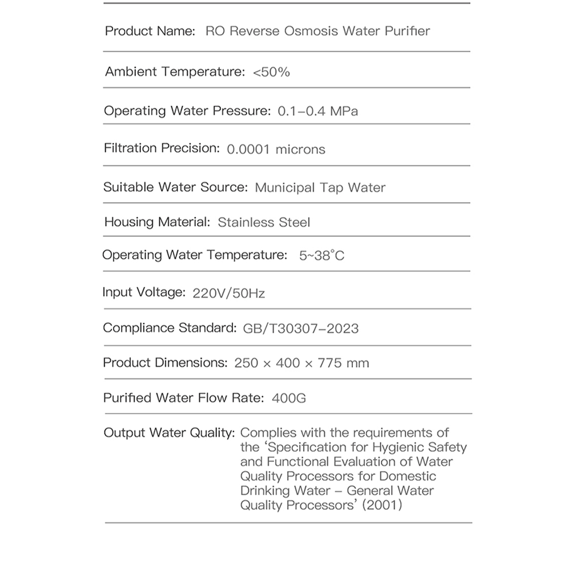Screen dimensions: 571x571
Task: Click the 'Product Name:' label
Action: point(150,31)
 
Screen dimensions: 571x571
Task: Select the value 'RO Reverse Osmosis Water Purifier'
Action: point(317,31)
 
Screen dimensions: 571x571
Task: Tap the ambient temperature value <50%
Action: point(271,72)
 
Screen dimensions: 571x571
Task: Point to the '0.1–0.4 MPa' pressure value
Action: point(318,111)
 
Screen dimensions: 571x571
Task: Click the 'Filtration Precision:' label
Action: point(162,148)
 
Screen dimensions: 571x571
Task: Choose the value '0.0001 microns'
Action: point(276,150)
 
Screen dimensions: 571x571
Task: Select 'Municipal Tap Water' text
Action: point(320,187)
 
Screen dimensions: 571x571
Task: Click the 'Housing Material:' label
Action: point(158,222)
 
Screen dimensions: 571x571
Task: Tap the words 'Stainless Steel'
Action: point(264,222)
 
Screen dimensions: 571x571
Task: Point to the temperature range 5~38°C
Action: point(322,256)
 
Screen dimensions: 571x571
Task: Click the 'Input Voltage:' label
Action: point(144,292)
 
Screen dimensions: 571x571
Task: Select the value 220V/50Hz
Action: point(229,293)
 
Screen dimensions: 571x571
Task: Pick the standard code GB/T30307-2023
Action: point(301,328)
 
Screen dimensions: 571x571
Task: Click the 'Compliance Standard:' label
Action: point(170,328)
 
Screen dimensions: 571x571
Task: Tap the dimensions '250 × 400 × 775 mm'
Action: point(301,363)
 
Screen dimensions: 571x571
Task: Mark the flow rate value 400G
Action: point(288,398)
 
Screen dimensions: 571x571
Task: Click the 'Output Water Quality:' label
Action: point(169,433)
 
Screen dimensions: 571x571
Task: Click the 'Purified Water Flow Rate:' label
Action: point(183,397)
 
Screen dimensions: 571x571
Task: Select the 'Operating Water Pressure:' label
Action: point(187,111)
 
